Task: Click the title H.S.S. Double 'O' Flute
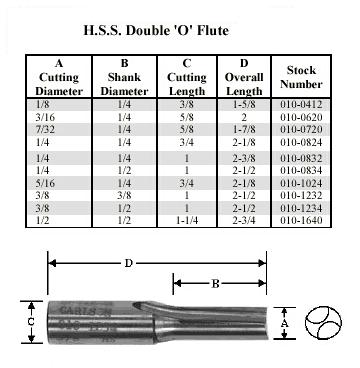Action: tap(156, 31)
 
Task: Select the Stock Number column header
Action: tap(301, 77)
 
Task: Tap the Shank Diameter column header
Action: tap(124, 77)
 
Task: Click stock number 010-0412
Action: tap(301, 105)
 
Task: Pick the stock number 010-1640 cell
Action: tap(301, 220)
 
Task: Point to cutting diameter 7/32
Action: tap(45, 129)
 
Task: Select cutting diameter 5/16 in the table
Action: tap(45, 183)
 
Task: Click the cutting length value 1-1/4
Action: tap(187, 220)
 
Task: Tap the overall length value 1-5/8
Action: tap(244, 105)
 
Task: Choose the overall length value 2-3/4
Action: tap(244, 220)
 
